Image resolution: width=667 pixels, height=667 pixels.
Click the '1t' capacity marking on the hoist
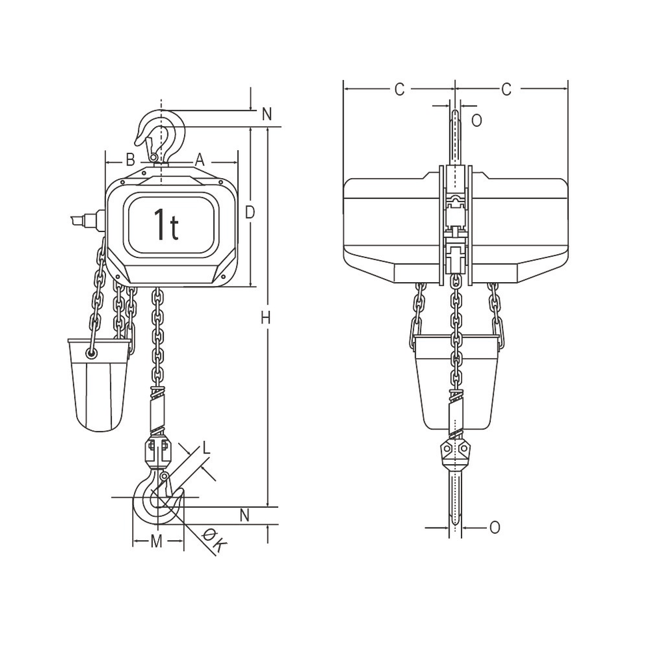pyautogui.click(x=166, y=224)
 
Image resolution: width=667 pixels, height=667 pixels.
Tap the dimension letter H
pyautogui.click(x=265, y=319)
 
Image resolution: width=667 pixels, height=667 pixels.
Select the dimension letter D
pyautogui.click(x=250, y=213)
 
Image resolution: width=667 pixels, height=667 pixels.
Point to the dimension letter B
pyautogui.click(x=131, y=159)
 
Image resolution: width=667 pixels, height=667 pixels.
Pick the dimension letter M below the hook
pyautogui.click(x=155, y=541)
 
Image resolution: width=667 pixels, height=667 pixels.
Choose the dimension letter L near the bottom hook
pyautogui.click(x=207, y=449)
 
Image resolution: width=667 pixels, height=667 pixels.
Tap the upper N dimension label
pyautogui.click(x=267, y=115)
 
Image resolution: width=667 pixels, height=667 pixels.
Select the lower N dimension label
pyautogui.click(x=245, y=515)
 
